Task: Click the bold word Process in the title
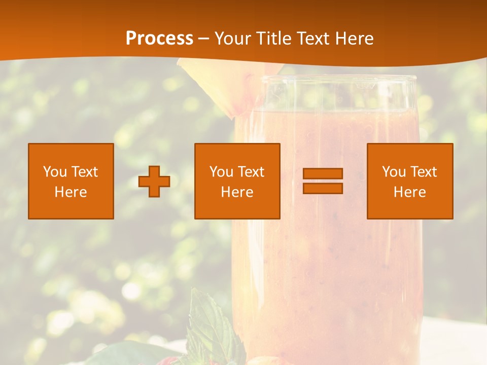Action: pyautogui.click(x=159, y=39)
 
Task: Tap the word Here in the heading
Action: pyautogui.click(x=355, y=39)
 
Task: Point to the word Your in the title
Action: pyautogui.click(x=233, y=39)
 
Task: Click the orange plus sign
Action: pyautogui.click(x=154, y=181)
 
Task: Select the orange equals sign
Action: pyautogui.click(x=323, y=181)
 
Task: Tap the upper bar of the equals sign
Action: pyautogui.click(x=323, y=174)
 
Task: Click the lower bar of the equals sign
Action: pyautogui.click(x=323, y=188)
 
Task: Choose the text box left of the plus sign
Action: pyautogui.click(x=71, y=181)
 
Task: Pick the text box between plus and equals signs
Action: pyautogui.click(x=237, y=181)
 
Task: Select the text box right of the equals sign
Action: pyautogui.click(x=410, y=181)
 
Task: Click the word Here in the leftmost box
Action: pyautogui.click(x=71, y=192)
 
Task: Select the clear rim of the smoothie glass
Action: pyautogui.click(x=330, y=80)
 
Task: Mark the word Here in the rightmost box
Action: pyautogui.click(x=410, y=192)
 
